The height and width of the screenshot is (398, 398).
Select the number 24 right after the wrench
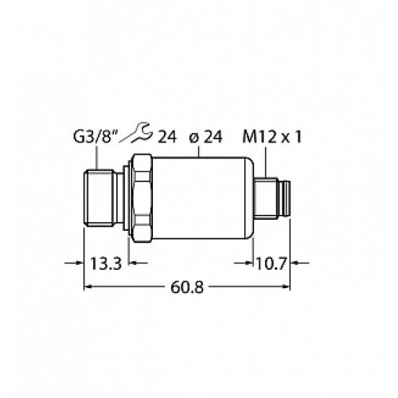pyautogui.click(x=166, y=139)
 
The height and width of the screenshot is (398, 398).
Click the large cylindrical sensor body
pyautogui.click(x=203, y=199)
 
